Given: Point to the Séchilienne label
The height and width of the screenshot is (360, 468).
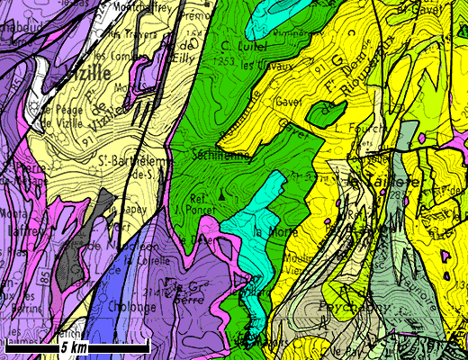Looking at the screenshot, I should pos(219,155).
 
